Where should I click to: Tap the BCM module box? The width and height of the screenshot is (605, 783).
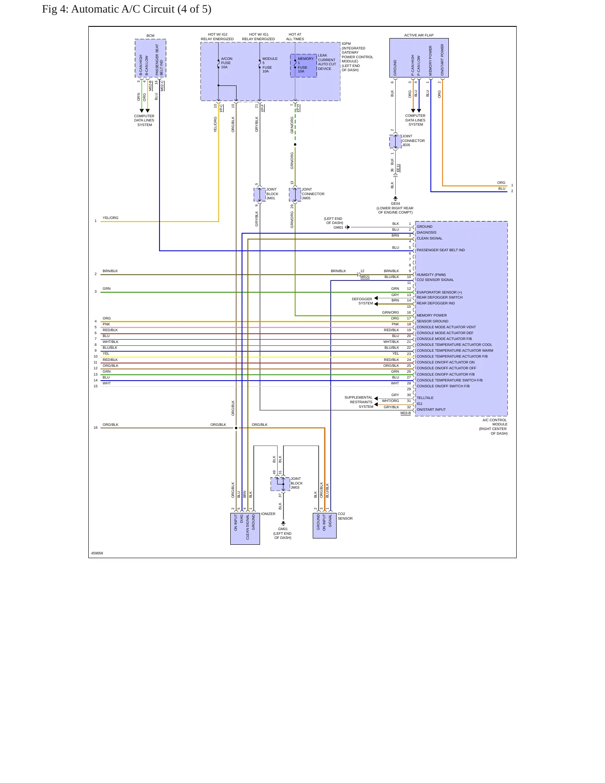pos(150,58)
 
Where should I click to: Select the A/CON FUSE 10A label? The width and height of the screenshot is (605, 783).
pos(227,63)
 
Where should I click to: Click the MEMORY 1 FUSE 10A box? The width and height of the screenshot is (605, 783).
pos(304,66)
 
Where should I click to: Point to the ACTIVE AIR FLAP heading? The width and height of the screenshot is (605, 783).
pos(419,35)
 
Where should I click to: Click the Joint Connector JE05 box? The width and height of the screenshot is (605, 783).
pos(395,142)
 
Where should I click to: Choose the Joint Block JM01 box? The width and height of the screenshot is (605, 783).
pos(260,195)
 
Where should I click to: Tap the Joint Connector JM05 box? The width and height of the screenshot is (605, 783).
pos(295,195)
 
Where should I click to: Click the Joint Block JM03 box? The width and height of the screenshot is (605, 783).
pos(280,484)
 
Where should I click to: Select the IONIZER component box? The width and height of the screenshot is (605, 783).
pos(245,528)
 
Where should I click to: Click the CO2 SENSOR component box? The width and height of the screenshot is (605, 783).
pos(324,525)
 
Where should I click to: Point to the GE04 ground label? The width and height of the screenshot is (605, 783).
pos(395,204)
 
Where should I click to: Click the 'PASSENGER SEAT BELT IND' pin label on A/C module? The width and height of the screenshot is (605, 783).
pos(440,250)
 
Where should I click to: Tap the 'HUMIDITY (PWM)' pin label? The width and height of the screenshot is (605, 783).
pos(431,275)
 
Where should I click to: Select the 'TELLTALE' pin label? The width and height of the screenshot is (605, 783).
pos(425,398)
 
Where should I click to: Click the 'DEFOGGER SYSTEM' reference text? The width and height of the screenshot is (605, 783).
pos(362,301)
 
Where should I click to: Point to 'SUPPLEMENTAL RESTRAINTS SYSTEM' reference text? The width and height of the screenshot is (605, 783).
pos(358,402)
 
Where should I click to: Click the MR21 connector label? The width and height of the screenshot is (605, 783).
pos(365,277)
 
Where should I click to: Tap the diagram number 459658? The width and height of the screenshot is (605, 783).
pos(97,553)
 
